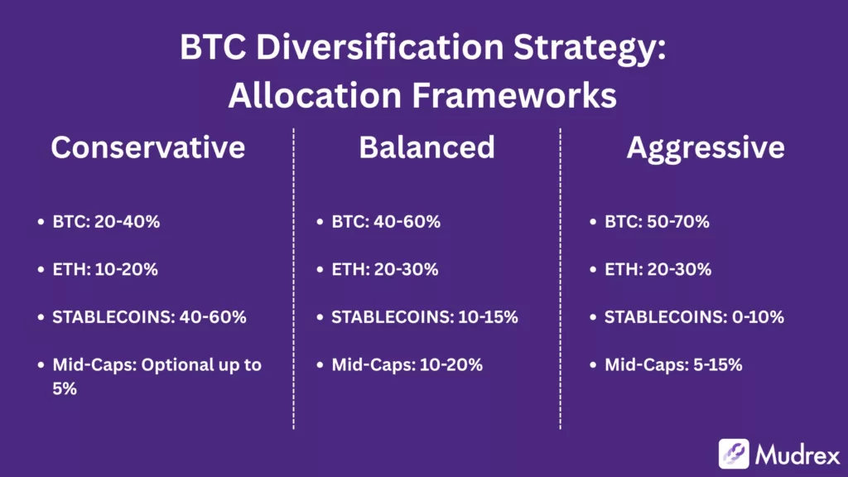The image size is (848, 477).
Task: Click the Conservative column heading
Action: click(147, 147)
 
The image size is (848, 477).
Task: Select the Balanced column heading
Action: click(426, 147)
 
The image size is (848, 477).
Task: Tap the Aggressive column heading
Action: click(706, 147)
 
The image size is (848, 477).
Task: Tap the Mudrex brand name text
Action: click(797, 454)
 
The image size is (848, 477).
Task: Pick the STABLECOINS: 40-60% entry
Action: click(147, 317)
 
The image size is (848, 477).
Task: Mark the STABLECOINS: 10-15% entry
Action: click(424, 317)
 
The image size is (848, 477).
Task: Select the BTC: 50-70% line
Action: click(658, 222)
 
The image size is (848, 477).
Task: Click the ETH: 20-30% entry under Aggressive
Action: click(658, 269)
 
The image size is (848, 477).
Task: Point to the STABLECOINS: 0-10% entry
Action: click(694, 317)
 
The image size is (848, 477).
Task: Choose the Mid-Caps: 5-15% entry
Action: click(673, 364)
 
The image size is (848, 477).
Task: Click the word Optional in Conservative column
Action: click(181, 364)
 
